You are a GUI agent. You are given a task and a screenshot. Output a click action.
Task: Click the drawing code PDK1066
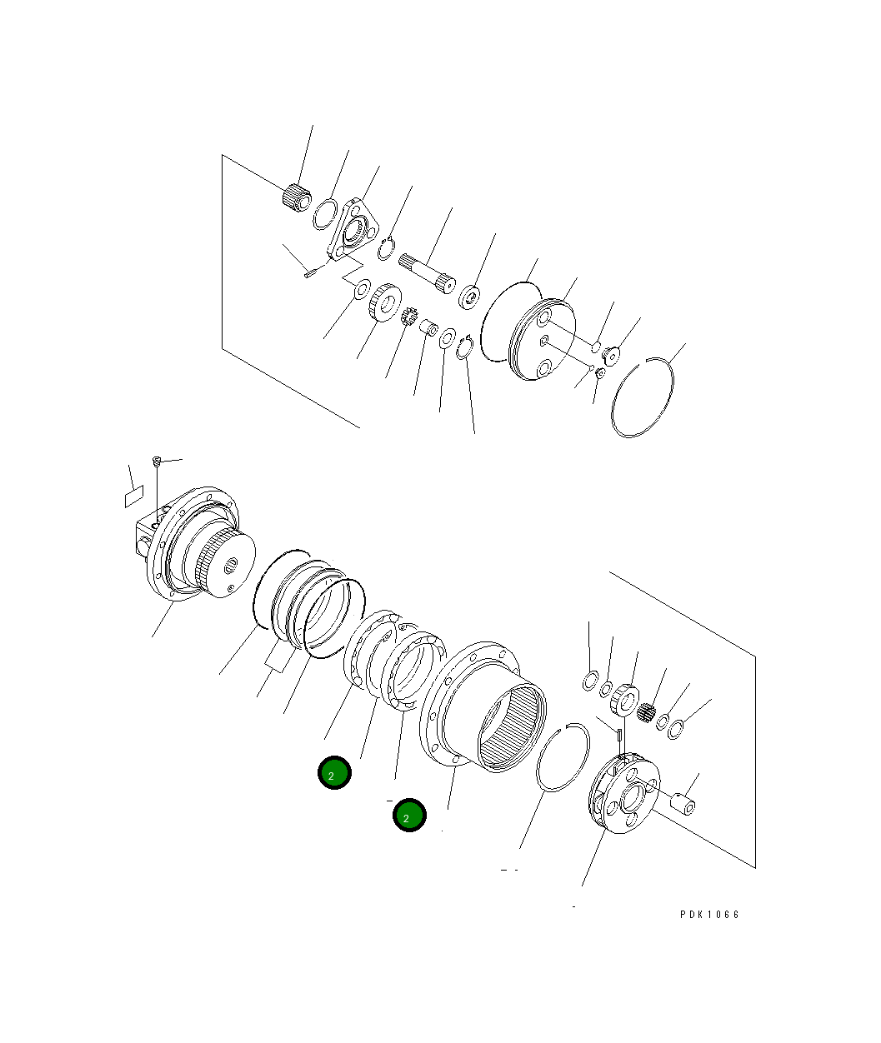click(709, 914)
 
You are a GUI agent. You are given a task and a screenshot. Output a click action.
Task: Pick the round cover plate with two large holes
click(542, 341)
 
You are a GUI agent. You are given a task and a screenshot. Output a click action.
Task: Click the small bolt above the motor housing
click(156, 461)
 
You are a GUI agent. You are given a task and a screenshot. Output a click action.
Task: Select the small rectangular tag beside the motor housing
click(134, 498)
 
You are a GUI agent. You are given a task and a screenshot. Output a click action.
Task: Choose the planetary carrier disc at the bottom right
click(623, 792)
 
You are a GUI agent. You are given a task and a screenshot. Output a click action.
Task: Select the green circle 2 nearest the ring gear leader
click(409, 816)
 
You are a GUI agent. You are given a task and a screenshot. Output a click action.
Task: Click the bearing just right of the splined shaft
click(469, 296)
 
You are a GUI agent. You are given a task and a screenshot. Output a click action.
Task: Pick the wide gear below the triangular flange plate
click(384, 302)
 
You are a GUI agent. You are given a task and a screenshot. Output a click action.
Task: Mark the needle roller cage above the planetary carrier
click(648, 711)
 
